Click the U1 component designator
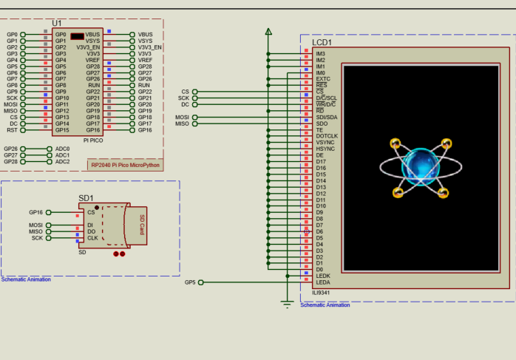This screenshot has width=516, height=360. (58, 24)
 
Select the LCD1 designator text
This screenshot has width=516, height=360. (322, 43)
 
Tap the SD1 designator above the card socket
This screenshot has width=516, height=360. (86, 198)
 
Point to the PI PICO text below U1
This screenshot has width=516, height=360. (93, 139)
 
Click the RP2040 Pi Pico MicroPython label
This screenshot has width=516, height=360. (125, 165)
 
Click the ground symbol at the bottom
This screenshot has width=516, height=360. (288, 303)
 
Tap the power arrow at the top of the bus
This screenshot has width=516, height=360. (268, 32)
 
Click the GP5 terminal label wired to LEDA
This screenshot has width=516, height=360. (190, 282)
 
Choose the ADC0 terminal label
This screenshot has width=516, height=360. (63, 149)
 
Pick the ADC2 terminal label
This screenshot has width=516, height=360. (63, 161)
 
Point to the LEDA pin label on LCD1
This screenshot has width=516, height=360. (323, 282)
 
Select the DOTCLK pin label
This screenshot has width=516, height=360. (326, 136)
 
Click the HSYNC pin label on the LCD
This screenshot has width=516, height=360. (325, 149)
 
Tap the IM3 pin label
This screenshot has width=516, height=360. (320, 53)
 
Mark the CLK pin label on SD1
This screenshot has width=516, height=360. (92, 238)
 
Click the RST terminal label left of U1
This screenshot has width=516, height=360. (13, 130)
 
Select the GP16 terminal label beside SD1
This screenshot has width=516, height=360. (35, 212)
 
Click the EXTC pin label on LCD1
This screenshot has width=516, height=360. (323, 79)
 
